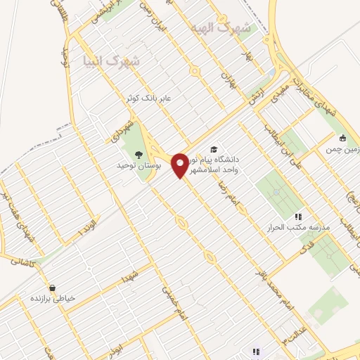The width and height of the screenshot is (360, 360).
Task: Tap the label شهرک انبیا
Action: [110, 61]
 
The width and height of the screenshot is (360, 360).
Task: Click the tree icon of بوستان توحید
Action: [138, 153]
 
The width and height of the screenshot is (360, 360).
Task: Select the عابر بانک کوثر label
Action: [149, 97]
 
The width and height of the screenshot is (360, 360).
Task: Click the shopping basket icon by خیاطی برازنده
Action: [52, 288]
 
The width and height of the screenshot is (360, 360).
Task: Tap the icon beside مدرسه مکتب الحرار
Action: [298, 217]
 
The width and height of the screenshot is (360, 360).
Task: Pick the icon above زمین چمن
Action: [342, 138]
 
